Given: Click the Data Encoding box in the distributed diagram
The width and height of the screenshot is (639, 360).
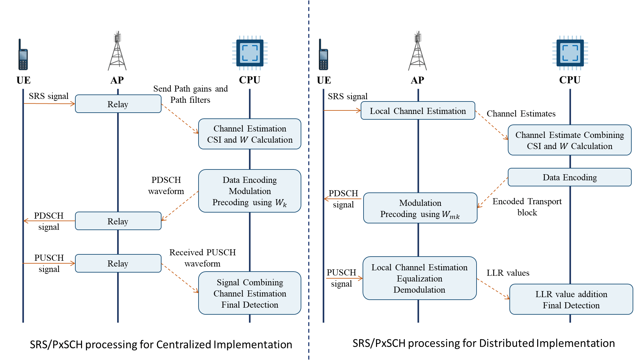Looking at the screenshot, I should tap(569, 177).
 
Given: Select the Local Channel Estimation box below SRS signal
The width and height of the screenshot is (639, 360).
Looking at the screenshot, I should tap(417, 111).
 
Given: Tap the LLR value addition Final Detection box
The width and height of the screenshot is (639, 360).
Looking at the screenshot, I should tap(571, 299).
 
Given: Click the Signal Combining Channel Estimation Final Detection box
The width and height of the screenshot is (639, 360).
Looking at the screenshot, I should tap(250, 293).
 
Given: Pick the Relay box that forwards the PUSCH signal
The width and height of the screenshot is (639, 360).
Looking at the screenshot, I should tap(118, 263).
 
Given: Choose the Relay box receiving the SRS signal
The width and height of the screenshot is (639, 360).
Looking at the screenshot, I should tap(118, 104).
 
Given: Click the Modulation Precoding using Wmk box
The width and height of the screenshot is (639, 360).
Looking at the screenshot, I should tap(420, 208).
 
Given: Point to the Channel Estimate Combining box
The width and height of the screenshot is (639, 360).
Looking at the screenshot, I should tap(569, 140).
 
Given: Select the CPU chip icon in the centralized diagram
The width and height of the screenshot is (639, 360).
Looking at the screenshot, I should tap(250, 53).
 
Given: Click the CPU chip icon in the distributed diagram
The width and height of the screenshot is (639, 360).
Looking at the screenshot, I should tap(570, 53).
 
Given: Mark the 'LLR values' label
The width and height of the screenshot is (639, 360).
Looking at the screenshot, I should tap(508, 273).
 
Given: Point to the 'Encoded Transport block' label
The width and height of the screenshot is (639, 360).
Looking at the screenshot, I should tap(527, 207).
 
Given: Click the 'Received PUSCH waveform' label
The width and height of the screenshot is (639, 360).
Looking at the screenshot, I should tap(202, 258).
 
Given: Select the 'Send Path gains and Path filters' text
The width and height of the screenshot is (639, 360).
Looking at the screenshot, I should tap(191, 94).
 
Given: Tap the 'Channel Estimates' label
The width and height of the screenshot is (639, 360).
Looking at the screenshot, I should tap(521, 114).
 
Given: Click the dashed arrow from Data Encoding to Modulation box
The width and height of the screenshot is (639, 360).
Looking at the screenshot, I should tap(492, 192).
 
